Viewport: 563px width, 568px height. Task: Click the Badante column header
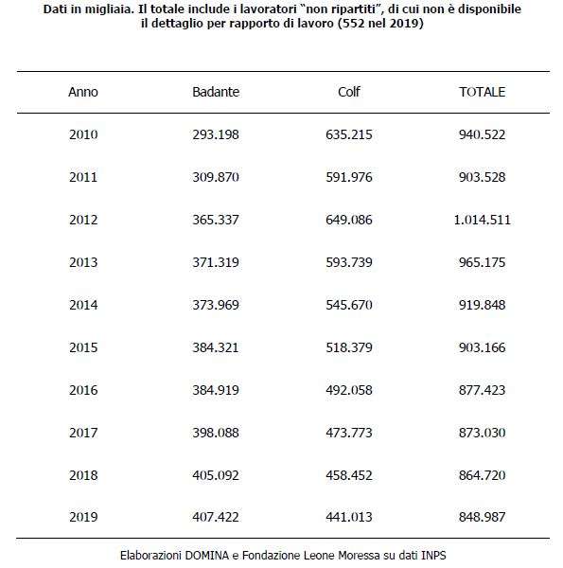click(x=216, y=92)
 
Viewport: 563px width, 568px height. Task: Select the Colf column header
click(x=348, y=92)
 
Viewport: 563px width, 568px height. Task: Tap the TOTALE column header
click(x=482, y=92)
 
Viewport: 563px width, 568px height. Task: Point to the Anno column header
click(x=83, y=92)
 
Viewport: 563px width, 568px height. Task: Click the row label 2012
click(x=83, y=220)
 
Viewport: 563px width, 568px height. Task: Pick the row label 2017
click(x=83, y=433)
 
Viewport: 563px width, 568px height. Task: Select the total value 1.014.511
click(x=482, y=220)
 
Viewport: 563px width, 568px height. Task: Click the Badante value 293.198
click(x=216, y=134)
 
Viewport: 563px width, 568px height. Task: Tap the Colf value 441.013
click(x=348, y=517)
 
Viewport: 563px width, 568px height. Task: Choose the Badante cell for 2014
click(x=216, y=305)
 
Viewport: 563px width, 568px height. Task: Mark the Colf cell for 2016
click(x=348, y=390)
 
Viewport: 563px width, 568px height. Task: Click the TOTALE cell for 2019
click(x=482, y=517)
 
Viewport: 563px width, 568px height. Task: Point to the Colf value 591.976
click(x=348, y=177)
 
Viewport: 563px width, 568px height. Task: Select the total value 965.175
click(x=482, y=262)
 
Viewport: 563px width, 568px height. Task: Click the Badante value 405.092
click(x=216, y=475)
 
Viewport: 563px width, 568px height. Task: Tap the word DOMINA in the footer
click(x=206, y=556)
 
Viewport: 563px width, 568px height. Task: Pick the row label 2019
click(x=83, y=517)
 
